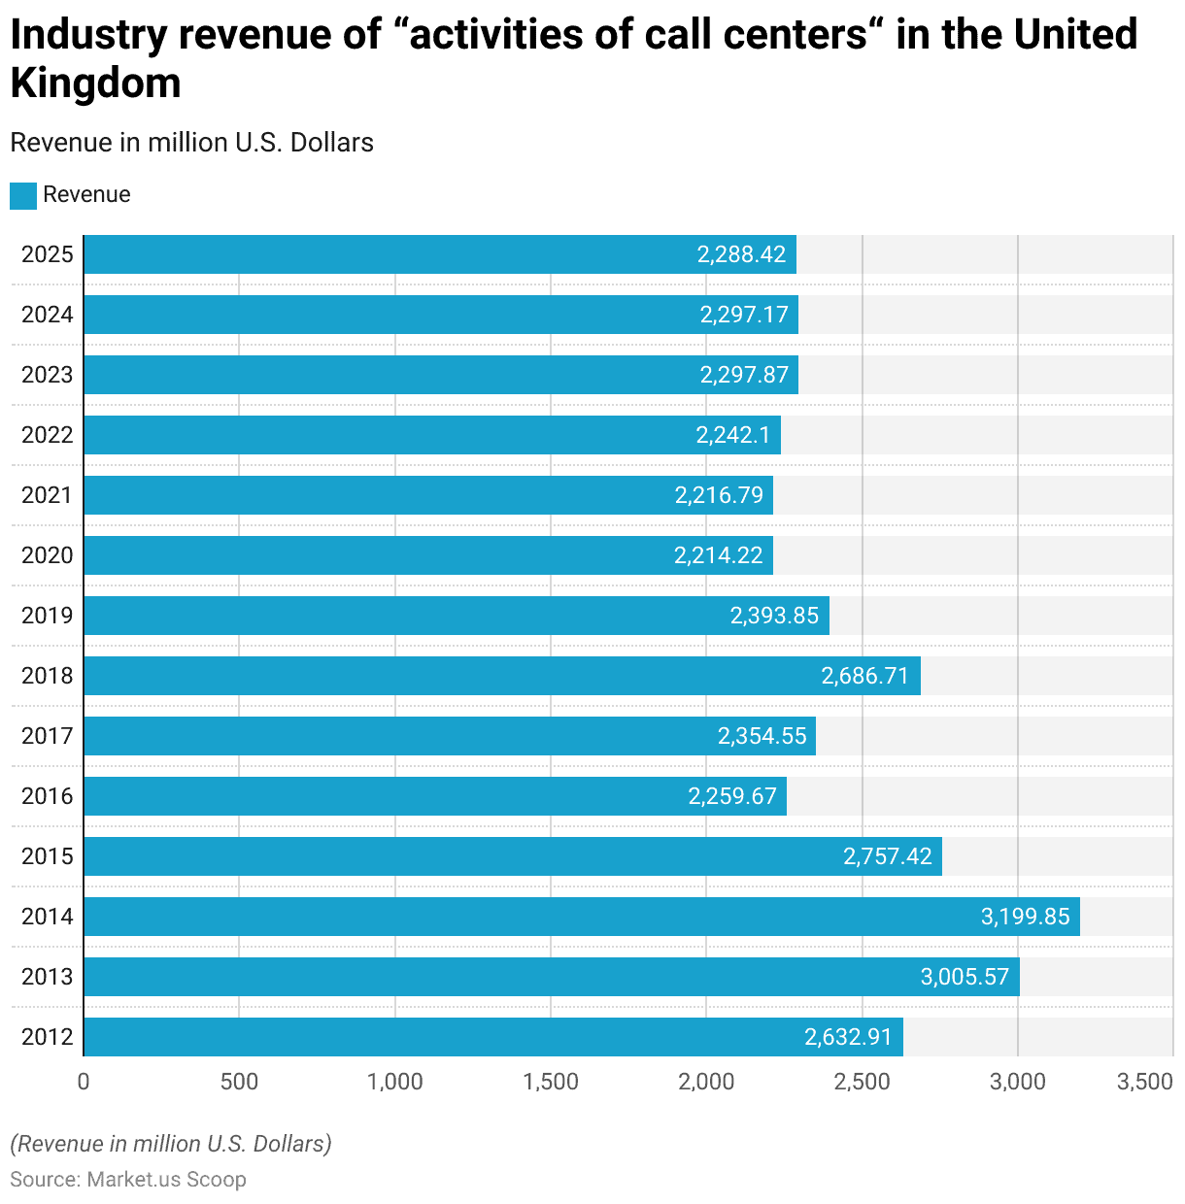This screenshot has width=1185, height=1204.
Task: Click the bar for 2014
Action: (581, 917)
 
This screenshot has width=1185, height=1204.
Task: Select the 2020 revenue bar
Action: (427, 555)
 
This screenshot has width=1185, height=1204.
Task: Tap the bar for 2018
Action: (501, 676)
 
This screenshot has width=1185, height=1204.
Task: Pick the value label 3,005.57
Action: (965, 977)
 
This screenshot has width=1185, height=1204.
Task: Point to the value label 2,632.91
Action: (848, 1037)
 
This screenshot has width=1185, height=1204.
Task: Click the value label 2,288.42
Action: (741, 254)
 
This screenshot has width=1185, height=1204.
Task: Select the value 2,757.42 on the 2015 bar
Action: (888, 856)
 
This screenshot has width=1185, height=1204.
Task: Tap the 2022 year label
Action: (47, 435)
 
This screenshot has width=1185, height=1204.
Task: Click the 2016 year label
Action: (47, 796)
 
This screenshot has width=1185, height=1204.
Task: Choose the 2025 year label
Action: (47, 254)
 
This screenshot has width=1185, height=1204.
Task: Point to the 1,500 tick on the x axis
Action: (551, 1082)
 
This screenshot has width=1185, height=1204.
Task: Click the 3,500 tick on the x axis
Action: (1145, 1082)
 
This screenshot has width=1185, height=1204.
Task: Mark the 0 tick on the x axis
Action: (84, 1082)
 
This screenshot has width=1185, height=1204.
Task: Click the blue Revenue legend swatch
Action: (23, 195)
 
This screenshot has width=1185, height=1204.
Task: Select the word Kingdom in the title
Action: (95, 83)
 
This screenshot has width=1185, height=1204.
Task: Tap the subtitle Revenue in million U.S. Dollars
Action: (191, 143)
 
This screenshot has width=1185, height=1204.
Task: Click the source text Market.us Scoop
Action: (166, 1179)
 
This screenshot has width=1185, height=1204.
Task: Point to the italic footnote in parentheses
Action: (171, 1144)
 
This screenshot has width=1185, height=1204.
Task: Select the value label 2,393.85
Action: (774, 616)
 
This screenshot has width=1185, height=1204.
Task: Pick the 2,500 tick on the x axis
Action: (862, 1082)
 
